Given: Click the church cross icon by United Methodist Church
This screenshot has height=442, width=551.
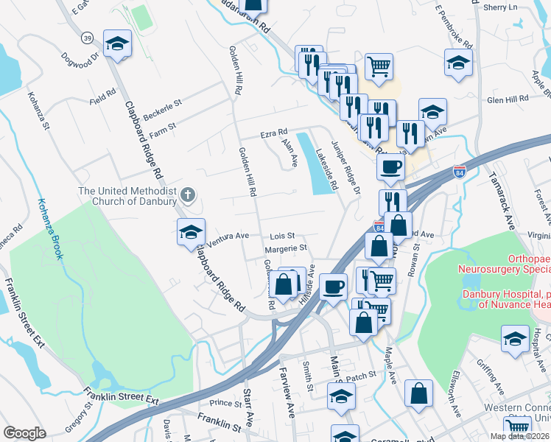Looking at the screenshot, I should pos(188,195).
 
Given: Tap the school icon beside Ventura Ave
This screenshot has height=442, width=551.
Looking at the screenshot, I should pos(191,233).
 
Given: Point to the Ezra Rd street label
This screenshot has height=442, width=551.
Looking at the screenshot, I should pos(273,135).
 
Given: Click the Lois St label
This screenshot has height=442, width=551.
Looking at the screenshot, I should pos(282,236).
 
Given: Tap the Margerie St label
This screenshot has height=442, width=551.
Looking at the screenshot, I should pos(285,250).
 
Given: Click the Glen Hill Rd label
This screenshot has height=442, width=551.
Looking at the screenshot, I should pos(508,99).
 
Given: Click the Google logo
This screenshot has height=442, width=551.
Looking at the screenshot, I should pos(24,432).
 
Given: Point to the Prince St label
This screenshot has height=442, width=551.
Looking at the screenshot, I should pos(225,404).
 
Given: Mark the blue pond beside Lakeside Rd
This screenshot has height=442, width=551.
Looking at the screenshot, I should pos(318,166).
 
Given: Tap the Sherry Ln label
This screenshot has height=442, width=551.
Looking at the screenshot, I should pos(502,7).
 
